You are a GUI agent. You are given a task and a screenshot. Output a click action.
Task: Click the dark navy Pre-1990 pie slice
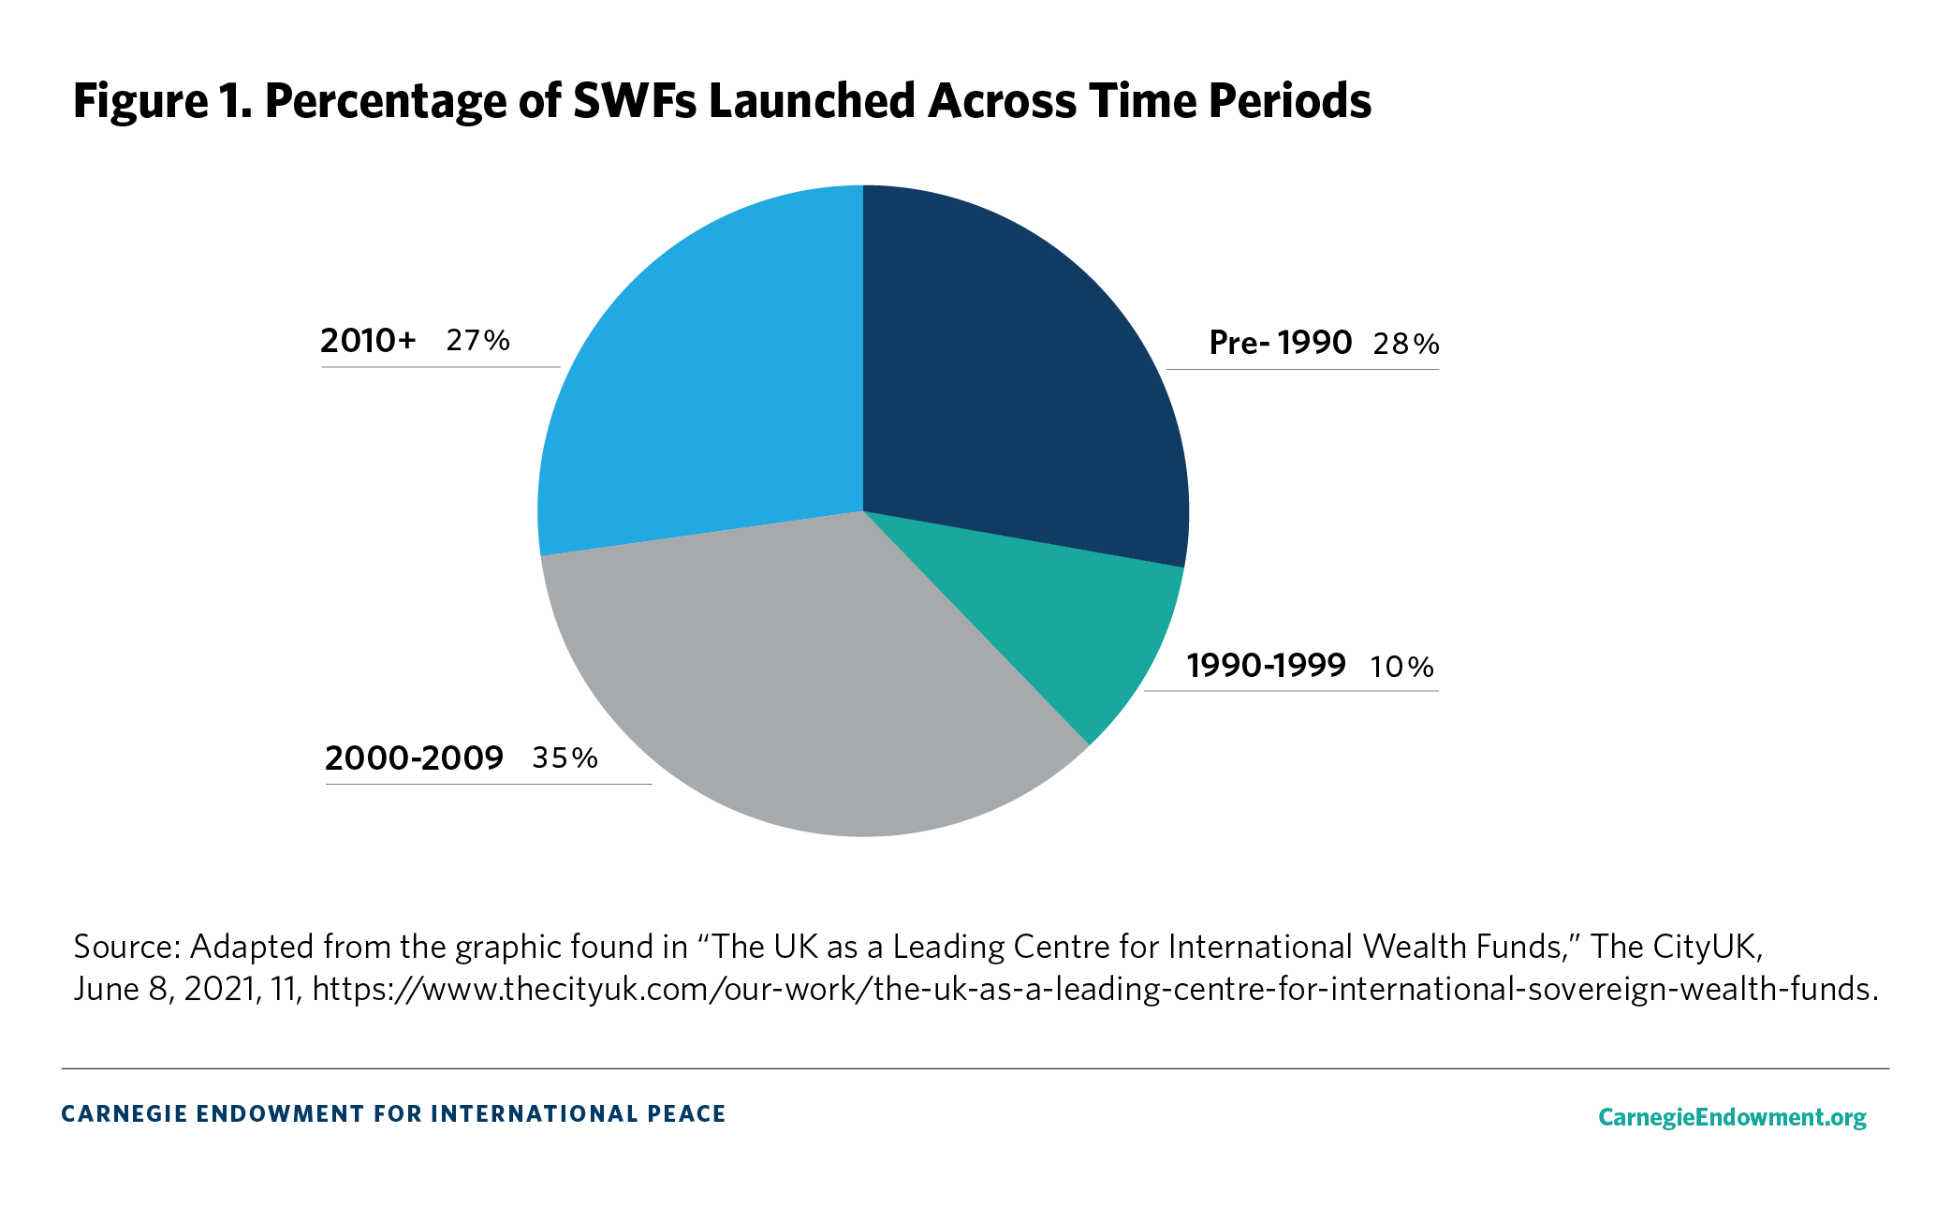[x=1011, y=375]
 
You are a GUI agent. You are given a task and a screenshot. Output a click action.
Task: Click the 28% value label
[x=1405, y=345]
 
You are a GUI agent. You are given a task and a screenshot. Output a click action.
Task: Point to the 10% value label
[x=1401, y=668]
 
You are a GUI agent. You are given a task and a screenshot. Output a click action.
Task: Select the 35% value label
[x=565, y=758]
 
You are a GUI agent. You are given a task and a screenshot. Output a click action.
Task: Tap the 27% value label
[x=477, y=341]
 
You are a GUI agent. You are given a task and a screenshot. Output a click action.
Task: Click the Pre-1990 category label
[x=1280, y=343]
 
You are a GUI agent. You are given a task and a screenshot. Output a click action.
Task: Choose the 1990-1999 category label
[x=1266, y=666]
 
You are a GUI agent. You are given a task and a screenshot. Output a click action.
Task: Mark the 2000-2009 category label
[x=414, y=758]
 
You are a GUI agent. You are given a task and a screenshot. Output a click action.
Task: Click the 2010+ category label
[x=367, y=341]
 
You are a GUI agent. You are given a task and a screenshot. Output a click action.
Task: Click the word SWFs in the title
[x=634, y=101]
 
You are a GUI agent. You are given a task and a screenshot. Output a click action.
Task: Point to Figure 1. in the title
[x=162, y=101]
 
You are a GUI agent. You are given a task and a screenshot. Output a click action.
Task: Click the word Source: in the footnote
[x=126, y=947]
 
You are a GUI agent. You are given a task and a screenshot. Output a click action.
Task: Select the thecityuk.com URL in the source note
[x=1094, y=989]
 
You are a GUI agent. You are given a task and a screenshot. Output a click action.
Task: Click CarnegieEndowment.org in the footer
[x=1731, y=1117]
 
